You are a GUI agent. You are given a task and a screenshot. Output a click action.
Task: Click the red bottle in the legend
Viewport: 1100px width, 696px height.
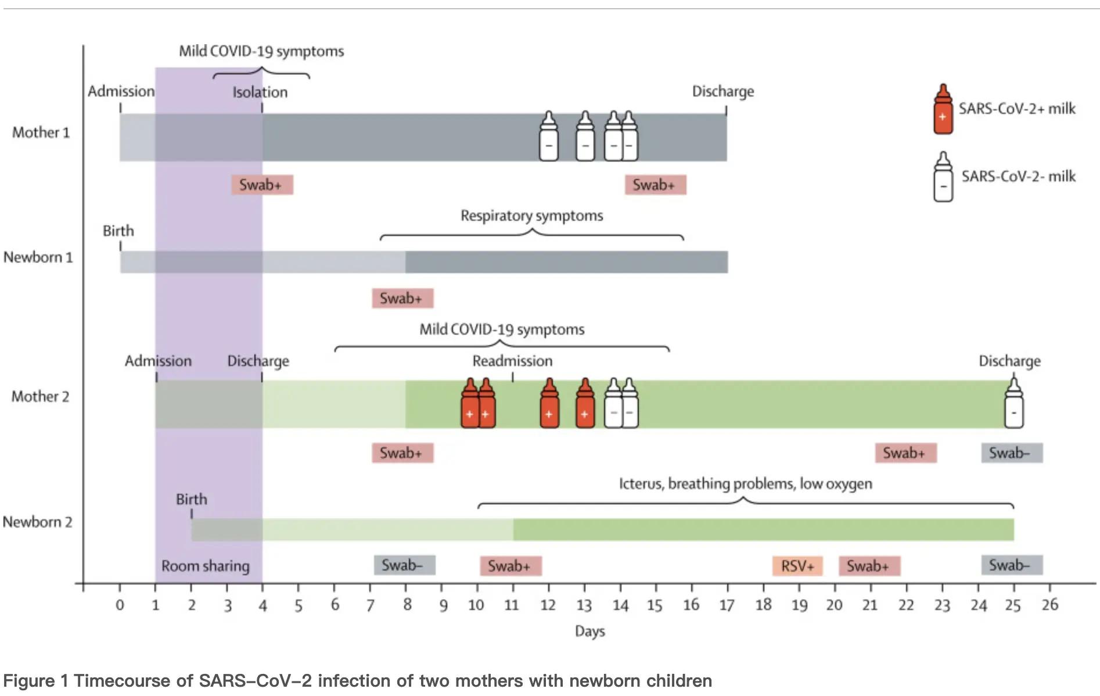943,109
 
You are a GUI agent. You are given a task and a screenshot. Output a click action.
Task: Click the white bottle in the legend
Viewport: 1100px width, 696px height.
943,177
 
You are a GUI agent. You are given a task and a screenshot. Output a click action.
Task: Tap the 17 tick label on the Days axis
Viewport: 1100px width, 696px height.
727,605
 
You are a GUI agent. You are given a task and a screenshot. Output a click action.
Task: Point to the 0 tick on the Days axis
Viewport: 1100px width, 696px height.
120,605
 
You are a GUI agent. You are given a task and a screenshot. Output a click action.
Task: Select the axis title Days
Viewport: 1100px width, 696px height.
589,632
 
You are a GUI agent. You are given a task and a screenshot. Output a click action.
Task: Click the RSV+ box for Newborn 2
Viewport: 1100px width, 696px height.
797,566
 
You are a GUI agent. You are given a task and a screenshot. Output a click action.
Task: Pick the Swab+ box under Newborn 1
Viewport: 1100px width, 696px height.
402,298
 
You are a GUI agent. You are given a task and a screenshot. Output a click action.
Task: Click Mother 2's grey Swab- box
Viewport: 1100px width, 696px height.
1012,453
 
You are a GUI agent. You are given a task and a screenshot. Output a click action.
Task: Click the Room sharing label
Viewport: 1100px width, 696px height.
205,566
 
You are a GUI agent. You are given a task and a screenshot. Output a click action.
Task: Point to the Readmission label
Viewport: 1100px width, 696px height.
512,361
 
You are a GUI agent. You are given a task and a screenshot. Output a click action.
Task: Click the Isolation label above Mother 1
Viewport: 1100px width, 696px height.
260,92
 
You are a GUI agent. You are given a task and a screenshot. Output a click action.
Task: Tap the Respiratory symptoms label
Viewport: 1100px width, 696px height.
531,216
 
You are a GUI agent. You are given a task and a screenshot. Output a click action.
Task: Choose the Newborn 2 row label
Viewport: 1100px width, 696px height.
38,522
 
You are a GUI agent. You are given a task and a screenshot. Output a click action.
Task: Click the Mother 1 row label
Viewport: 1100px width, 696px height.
41,133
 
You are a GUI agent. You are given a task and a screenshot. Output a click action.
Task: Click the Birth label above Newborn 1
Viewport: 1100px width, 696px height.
118,231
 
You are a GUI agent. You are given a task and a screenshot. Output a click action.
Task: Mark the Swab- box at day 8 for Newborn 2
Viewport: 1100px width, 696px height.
404,565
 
